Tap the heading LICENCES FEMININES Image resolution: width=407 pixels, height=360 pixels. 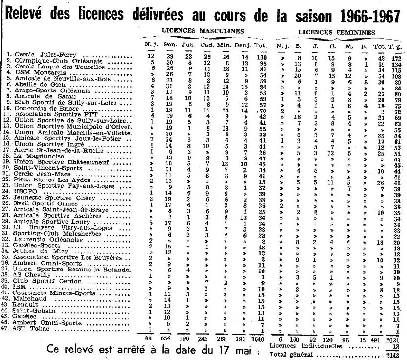point(337,32)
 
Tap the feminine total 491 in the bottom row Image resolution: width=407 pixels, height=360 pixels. point(376,338)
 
